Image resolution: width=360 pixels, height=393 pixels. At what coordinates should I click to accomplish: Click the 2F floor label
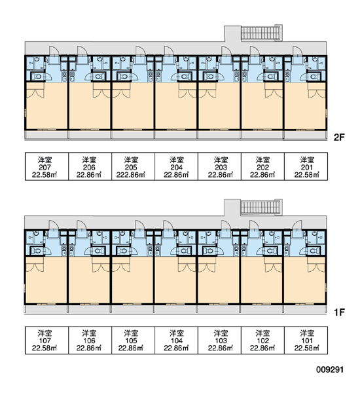click(x=339, y=137)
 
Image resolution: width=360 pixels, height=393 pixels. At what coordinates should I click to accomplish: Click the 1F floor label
click(x=339, y=312)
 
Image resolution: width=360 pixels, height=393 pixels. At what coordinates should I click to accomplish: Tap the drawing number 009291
click(x=330, y=369)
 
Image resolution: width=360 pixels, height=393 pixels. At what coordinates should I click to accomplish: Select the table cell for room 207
click(x=46, y=166)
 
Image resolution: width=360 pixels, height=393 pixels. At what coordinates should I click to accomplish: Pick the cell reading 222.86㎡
click(x=133, y=166)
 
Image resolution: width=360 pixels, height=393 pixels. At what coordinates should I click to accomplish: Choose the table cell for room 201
click(x=306, y=166)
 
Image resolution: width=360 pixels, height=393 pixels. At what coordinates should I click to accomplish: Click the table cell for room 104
click(x=176, y=340)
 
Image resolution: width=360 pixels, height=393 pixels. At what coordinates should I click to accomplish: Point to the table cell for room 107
click(x=46, y=340)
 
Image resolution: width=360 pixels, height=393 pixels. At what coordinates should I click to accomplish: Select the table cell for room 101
click(x=306, y=340)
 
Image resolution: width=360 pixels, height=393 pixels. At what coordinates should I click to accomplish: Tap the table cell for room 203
click(x=219, y=166)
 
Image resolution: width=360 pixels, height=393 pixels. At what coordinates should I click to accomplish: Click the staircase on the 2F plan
click(x=261, y=33)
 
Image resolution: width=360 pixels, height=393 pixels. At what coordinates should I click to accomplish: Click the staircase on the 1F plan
click(x=261, y=207)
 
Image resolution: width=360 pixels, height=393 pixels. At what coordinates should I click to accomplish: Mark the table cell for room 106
click(x=90, y=340)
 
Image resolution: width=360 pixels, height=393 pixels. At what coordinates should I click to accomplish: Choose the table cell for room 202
click(x=262, y=166)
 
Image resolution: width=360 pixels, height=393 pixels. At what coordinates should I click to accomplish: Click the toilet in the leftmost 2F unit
click(x=37, y=76)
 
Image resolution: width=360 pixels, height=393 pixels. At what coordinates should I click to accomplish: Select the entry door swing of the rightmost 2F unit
click(x=298, y=51)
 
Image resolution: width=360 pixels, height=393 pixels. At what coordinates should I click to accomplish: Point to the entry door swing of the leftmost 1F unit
click(x=54, y=225)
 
